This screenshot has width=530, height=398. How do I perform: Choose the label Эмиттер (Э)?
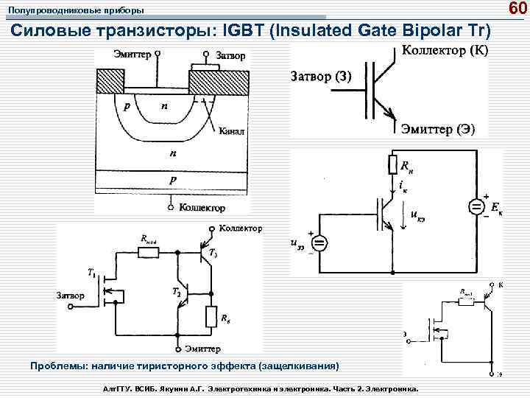pyautogui.click(x=438, y=129)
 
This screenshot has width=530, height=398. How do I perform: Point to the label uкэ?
pyautogui.click(x=417, y=214)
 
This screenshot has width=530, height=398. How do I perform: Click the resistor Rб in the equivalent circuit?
pyautogui.click(x=211, y=317)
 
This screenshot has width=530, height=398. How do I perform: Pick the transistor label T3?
pyautogui.click(x=213, y=254)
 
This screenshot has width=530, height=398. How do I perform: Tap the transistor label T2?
pyautogui.click(x=176, y=293)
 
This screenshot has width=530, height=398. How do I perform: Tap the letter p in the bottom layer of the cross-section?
pyautogui.click(x=173, y=179)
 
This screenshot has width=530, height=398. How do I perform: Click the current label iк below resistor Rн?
pyautogui.click(x=402, y=185)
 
